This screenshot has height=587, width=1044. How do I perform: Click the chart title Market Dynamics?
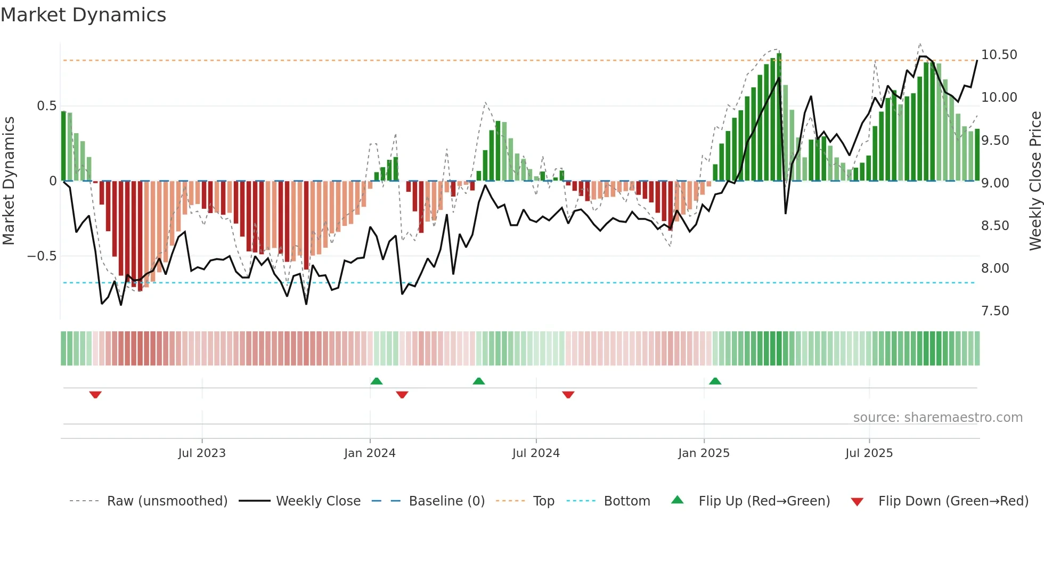point(83,15)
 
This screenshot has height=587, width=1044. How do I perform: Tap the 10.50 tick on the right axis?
point(999,55)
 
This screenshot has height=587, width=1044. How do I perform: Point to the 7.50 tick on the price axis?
point(994,311)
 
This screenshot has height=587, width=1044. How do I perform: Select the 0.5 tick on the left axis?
point(46,106)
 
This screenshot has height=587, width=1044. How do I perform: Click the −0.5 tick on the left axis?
point(42,256)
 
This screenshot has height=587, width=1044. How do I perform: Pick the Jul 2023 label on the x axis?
point(202,453)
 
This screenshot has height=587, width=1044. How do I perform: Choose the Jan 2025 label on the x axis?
point(704,453)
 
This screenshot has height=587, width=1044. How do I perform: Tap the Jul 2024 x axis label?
point(536,453)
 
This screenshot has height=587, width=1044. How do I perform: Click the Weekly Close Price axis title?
point(1035,181)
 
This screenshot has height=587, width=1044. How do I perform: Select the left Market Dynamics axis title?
point(9,181)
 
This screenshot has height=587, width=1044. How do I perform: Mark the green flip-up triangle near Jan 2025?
point(715,381)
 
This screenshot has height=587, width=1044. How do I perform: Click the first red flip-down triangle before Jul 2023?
point(95,395)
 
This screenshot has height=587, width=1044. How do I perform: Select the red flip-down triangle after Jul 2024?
point(568,395)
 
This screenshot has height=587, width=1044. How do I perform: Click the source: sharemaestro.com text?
point(937,418)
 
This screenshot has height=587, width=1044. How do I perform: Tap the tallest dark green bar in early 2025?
point(779,117)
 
